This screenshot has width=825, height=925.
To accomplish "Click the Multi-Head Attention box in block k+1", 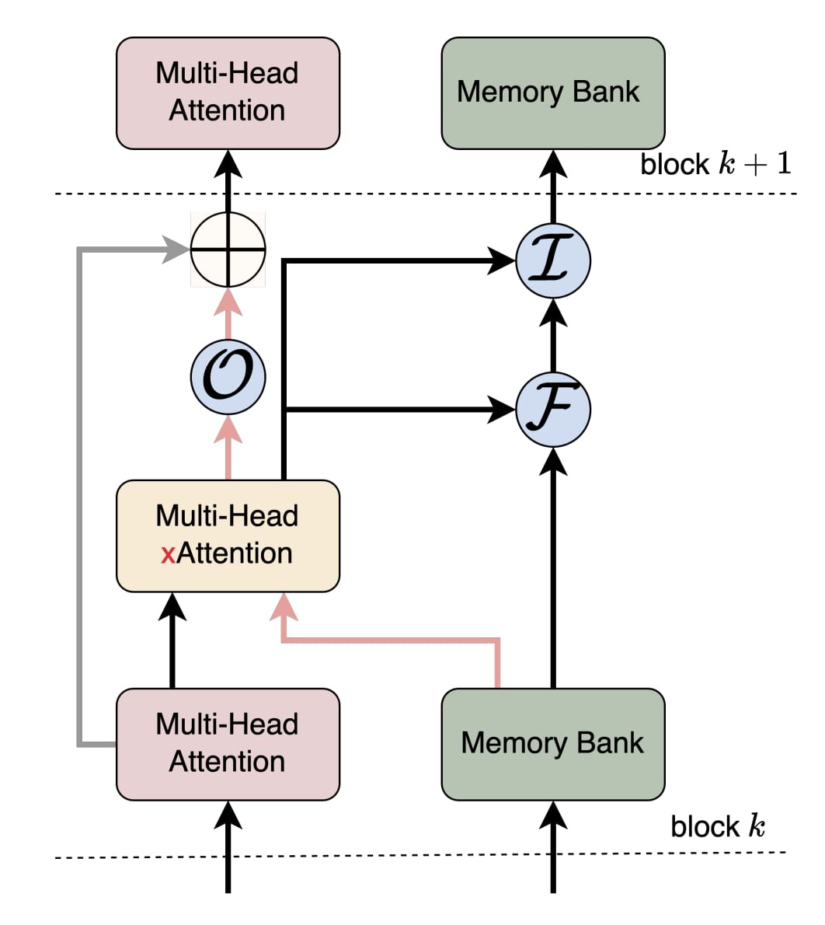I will (x=228, y=92).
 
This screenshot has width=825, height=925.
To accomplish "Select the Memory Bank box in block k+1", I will (x=553, y=92).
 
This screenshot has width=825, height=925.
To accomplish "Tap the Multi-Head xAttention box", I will (x=228, y=536).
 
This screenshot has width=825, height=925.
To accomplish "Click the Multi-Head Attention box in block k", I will (x=228, y=744).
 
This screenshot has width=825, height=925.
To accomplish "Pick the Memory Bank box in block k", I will (x=553, y=744).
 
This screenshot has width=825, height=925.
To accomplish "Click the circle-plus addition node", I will (x=228, y=250).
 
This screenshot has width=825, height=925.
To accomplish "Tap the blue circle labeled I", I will (x=553, y=261).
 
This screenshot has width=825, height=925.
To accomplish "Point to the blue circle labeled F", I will (x=553, y=410).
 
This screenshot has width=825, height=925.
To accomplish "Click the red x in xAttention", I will (x=168, y=554).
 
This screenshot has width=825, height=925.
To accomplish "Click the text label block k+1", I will (x=715, y=164).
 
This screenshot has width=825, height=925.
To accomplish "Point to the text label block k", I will (x=718, y=826).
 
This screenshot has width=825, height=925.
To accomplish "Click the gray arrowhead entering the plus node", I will (x=178, y=250).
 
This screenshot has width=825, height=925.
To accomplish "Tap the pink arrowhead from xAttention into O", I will (x=228, y=428).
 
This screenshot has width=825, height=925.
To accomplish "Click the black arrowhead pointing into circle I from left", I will (x=503, y=261).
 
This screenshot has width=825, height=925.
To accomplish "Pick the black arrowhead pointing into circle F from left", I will (x=503, y=410).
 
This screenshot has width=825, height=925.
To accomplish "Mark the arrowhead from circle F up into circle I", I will (x=553, y=312).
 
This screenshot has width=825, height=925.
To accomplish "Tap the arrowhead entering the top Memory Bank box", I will (x=553, y=163).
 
